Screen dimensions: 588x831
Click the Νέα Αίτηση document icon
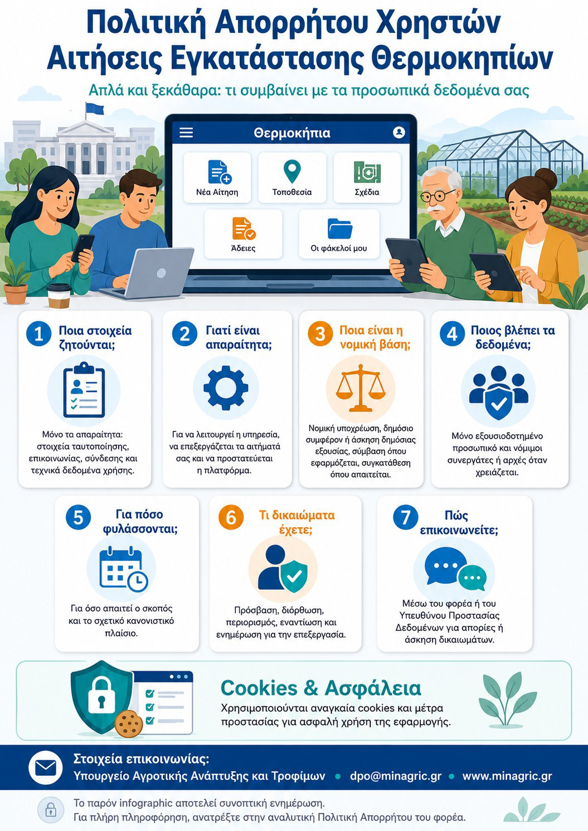click(x=220, y=172)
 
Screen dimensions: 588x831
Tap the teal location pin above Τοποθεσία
click(x=292, y=172)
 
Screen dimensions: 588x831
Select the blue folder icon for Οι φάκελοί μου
click(x=340, y=229)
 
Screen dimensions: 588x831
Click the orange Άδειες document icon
click(x=244, y=229)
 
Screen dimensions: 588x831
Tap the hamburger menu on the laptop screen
click(x=186, y=133)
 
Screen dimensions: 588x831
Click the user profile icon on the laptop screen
click(x=399, y=132)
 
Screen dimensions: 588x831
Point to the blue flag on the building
click(x=95, y=108)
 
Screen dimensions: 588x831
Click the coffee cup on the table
click(x=59, y=295)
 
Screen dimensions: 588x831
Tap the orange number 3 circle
click(x=320, y=333)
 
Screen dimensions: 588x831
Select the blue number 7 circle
click(x=406, y=517)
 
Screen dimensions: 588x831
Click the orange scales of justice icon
click(x=361, y=388)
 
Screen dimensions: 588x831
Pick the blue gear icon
click(x=226, y=388)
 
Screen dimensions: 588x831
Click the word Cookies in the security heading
click(x=259, y=688)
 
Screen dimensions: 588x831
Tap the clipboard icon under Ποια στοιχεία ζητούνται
click(x=84, y=390)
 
